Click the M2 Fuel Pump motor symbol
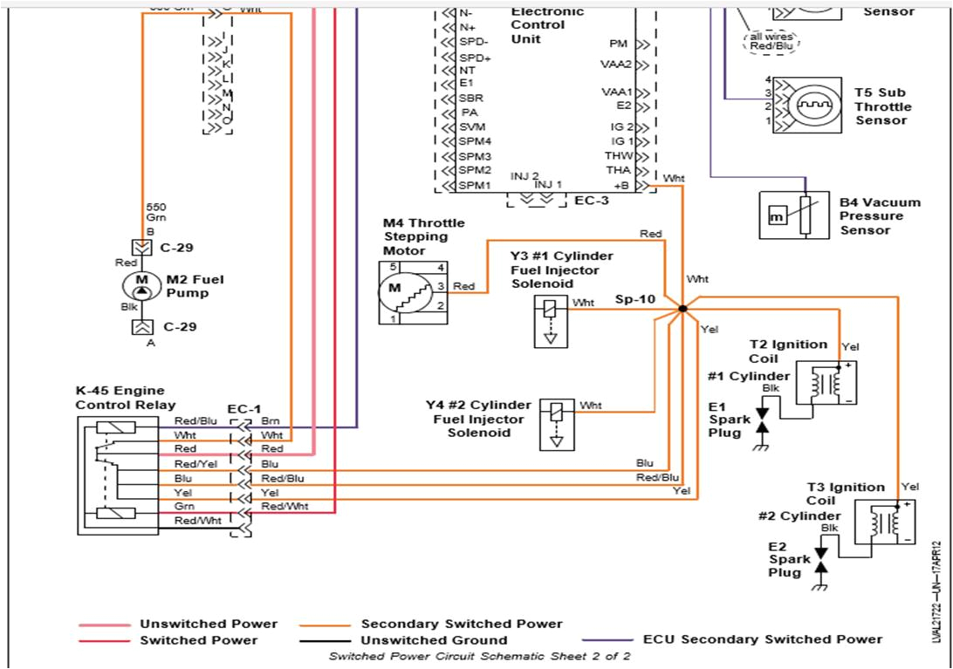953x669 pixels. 141,286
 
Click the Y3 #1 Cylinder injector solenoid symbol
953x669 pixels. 551,321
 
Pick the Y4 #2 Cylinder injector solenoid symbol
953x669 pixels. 557,423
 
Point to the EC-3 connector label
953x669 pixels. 591,201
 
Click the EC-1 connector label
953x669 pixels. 243,408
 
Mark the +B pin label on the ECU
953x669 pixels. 621,186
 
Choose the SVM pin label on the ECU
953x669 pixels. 472,126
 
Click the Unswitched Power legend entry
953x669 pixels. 208,624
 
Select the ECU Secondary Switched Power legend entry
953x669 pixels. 762,638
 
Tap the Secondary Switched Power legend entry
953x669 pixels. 462,624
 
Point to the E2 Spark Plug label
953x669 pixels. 784,559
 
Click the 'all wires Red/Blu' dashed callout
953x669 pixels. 771,41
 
